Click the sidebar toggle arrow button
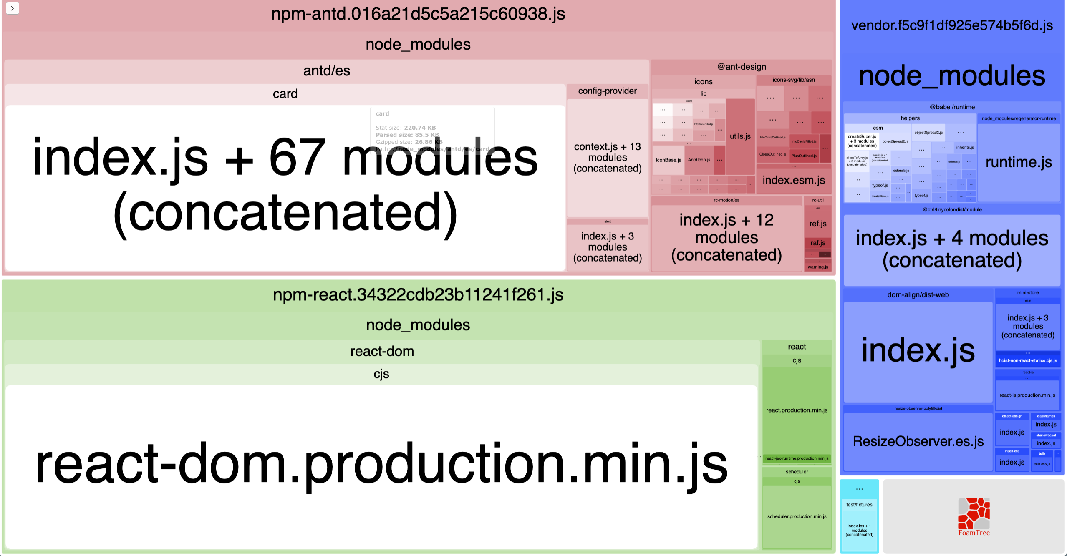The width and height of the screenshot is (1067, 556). (x=13, y=8)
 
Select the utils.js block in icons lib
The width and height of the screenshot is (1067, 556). (x=740, y=136)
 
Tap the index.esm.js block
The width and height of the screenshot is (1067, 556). (x=794, y=180)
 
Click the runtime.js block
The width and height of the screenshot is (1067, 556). (x=1019, y=162)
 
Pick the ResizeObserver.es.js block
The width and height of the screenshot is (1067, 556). (x=918, y=441)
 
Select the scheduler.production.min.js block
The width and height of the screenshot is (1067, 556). (x=797, y=516)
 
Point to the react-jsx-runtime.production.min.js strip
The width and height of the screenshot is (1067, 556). (x=797, y=458)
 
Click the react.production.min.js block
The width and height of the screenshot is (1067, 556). (x=797, y=410)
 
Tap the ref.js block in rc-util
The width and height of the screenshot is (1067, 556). (x=818, y=224)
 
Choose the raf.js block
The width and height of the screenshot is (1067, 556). (x=818, y=243)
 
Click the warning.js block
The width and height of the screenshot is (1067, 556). (x=818, y=267)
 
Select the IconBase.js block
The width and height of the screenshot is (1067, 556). (x=668, y=160)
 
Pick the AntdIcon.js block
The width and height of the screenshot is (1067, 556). (x=699, y=160)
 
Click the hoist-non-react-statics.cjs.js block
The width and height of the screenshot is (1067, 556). (x=1028, y=361)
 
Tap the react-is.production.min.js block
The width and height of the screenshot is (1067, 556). (x=1027, y=395)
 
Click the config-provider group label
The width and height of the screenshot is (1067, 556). (x=607, y=91)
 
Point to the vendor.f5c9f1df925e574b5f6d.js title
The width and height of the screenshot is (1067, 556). (x=952, y=25)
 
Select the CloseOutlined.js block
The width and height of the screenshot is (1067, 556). (x=772, y=154)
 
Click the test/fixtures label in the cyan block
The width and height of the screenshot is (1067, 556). (x=859, y=505)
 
